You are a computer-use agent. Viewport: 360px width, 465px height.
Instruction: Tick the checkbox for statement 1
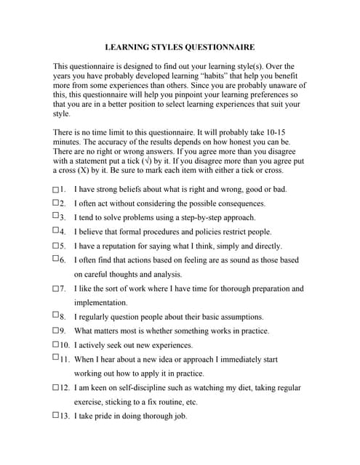pyautogui.click(x=56, y=190)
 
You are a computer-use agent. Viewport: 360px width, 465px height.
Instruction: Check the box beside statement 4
pyautogui.click(x=56, y=230)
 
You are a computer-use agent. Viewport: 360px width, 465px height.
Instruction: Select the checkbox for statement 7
pyautogui.click(x=56, y=288)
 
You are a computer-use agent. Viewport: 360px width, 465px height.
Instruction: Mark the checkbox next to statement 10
pyautogui.click(x=56, y=345)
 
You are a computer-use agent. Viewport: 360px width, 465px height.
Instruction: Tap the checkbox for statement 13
pyautogui.click(x=56, y=416)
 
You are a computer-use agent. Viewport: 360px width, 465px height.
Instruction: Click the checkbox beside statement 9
pyautogui.click(x=56, y=331)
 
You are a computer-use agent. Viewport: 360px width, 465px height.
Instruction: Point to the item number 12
pyautogui.click(x=65, y=388)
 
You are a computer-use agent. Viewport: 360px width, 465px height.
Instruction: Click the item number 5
pyautogui.click(x=63, y=246)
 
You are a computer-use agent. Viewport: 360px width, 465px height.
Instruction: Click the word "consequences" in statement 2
pyautogui.click(x=233, y=203)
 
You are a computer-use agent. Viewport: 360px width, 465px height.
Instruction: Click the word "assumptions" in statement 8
pyautogui.click(x=239, y=317)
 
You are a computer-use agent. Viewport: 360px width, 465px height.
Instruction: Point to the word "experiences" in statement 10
pyautogui.click(x=172, y=345)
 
